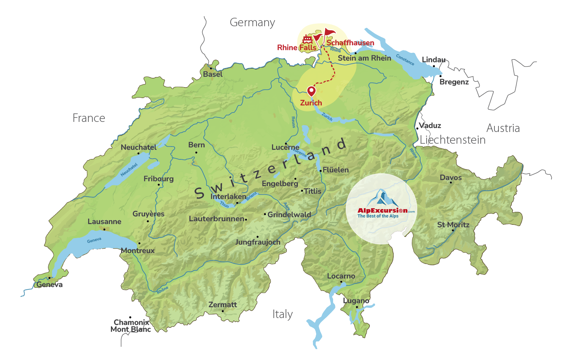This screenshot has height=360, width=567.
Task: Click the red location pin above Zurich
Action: (x=311, y=91)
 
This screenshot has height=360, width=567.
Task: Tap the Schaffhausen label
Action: (x=350, y=43)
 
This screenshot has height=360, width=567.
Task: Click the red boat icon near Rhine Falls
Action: (x=307, y=39)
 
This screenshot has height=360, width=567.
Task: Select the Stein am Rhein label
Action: (x=364, y=58)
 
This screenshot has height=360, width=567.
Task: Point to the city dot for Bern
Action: (x=196, y=153)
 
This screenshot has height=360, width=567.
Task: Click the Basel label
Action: (x=213, y=74)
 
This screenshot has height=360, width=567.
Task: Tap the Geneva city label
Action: (x=50, y=285)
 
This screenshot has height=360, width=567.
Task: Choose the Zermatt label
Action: (x=223, y=305)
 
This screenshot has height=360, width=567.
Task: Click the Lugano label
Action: (x=356, y=301)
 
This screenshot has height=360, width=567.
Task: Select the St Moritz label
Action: (x=453, y=225)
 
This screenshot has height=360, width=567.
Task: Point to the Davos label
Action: (x=450, y=178)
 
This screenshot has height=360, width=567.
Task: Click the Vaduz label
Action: (x=430, y=126)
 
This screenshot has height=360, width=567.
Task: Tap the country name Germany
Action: (x=252, y=23)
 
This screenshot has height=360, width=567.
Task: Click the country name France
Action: (x=89, y=118)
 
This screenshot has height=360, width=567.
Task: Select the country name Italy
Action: (x=282, y=314)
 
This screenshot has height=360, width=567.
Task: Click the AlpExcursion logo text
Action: (x=383, y=211)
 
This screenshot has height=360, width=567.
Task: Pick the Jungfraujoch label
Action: (x=258, y=242)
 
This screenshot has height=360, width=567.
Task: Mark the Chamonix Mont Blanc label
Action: (x=131, y=326)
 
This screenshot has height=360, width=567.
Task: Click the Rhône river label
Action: (x=163, y=290)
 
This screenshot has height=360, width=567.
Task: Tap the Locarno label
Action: (x=341, y=276)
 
